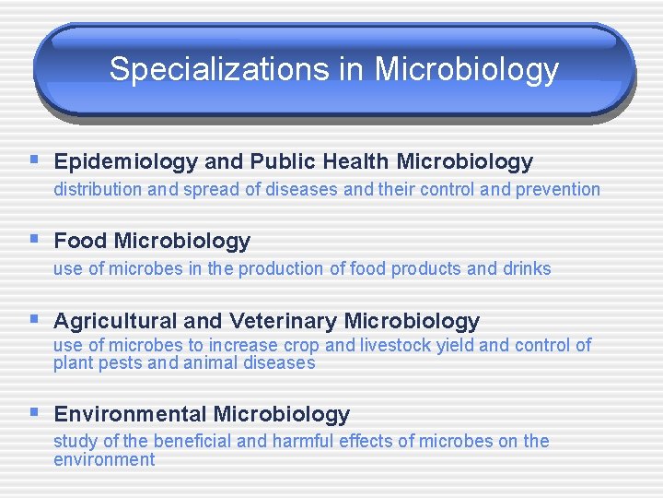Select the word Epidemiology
[x=125, y=162]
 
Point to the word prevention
[x=558, y=190]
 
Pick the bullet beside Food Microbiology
[x=33, y=240]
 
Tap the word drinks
[x=527, y=269]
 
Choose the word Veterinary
[x=284, y=321]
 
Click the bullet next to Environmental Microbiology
[x=33, y=412]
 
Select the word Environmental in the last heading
[x=130, y=414]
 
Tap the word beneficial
[x=192, y=442]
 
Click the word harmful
[x=300, y=442]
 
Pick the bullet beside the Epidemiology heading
[x=33, y=160]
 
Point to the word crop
[x=301, y=346]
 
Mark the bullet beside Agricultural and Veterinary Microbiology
[x=33, y=319]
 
